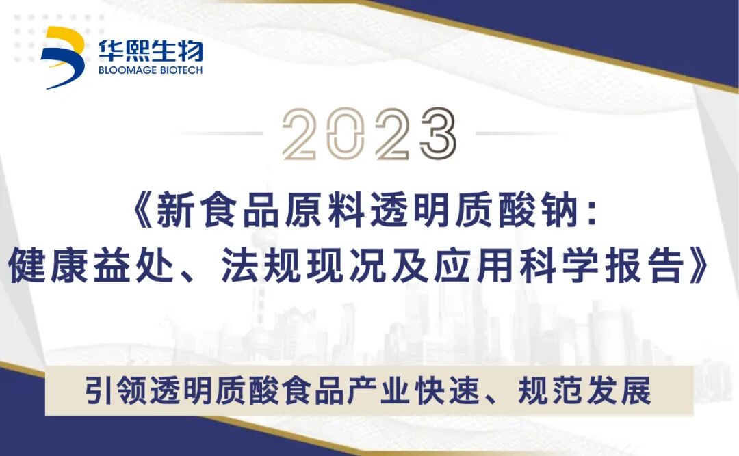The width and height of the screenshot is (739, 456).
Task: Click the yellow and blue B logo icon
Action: (x=62, y=57)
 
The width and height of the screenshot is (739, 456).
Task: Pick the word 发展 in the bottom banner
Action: (x=632, y=390)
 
